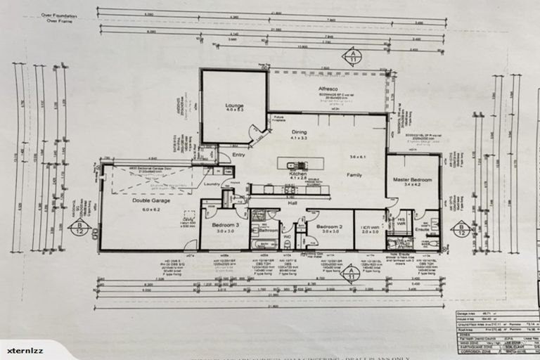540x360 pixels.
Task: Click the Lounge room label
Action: [234, 106]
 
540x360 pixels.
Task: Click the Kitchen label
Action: [298, 173]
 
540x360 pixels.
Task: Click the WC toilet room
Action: [286, 236]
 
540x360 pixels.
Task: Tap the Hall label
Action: [290, 202]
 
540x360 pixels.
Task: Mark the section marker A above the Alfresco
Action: [352, 55]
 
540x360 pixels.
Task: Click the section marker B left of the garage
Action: [79, 226]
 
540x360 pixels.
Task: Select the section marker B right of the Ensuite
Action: [461, 229]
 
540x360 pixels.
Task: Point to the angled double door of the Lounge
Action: [257, 132]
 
